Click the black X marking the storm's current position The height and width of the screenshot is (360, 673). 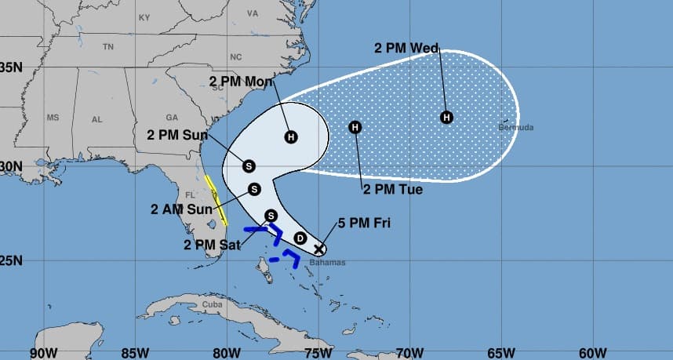tap(318, 249)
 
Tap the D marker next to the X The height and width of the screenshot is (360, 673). tap(300, 238)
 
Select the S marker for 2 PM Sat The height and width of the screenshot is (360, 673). tap(271, 215)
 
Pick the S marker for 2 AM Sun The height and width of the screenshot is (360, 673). tap(254, 189)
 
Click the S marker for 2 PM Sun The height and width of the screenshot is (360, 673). tap(249, 165)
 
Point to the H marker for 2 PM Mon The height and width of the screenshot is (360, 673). tap(291, 137)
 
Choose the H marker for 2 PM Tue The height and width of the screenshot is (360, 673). tap(355, 127)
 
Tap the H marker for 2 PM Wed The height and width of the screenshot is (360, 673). tap(446, 118)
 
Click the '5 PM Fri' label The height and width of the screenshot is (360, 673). tap(364, 224)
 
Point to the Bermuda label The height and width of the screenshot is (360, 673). tap(516, 127)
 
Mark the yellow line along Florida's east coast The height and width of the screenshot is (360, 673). tap(212, 191)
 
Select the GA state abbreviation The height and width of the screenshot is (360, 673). tap(172, 117)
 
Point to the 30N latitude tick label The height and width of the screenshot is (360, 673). tap(10, 166)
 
